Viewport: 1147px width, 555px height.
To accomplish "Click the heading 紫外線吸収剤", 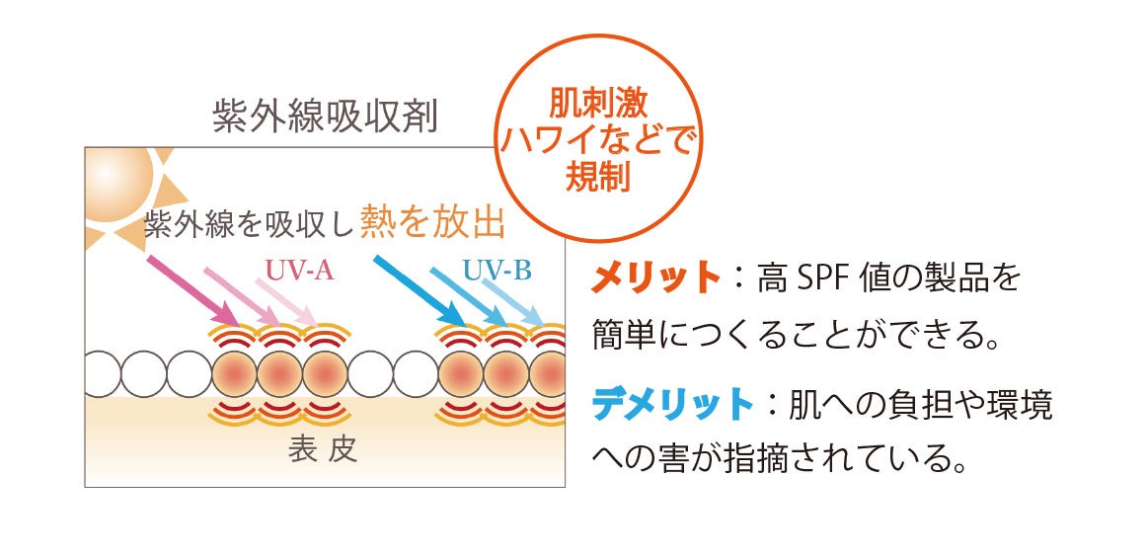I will pos(325,117).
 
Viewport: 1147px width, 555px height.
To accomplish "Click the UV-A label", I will pos(298,270).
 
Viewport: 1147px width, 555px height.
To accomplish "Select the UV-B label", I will pos(497,270).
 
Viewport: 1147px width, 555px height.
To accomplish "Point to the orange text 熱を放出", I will pos(432,222).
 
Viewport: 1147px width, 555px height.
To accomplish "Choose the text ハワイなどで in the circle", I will pos(598,140).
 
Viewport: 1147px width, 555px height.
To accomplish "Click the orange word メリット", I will pos(655,278).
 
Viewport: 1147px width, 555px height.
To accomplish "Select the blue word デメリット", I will pos(671,403).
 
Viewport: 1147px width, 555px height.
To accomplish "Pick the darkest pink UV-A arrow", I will pos(191,290).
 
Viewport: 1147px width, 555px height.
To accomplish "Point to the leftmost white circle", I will pos(102,375).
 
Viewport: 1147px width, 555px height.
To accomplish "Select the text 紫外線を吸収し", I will pos(249,225).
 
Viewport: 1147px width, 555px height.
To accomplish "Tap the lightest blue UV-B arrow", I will pos(513,300).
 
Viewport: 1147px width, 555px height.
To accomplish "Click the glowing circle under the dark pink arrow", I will pos(234,375).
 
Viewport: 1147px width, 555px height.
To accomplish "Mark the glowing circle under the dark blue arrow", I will pos(460,375).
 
